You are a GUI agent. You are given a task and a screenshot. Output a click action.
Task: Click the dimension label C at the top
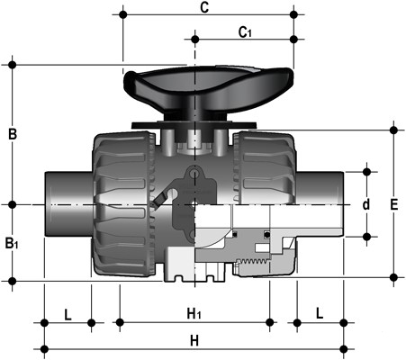point(204,8)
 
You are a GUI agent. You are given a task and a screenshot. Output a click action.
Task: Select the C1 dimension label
point(244,32)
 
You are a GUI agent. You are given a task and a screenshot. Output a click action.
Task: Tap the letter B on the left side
point(13,135)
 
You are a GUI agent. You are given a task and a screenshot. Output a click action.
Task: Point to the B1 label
point(11,243)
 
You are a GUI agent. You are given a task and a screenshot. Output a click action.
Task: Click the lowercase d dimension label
point(365,204)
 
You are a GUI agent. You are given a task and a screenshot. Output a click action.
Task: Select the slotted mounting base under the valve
point(194,270)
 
